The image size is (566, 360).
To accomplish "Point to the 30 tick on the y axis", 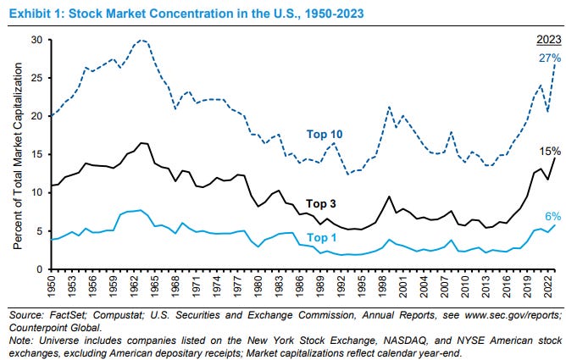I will [x=37, y=40].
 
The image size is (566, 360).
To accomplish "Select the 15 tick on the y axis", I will [x=37, y=154].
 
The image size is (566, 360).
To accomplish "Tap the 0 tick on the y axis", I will [x=41, y=269].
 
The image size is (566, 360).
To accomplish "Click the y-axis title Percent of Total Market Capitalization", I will [x=16, y=154].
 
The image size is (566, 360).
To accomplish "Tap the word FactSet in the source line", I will [x=68, y=314].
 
